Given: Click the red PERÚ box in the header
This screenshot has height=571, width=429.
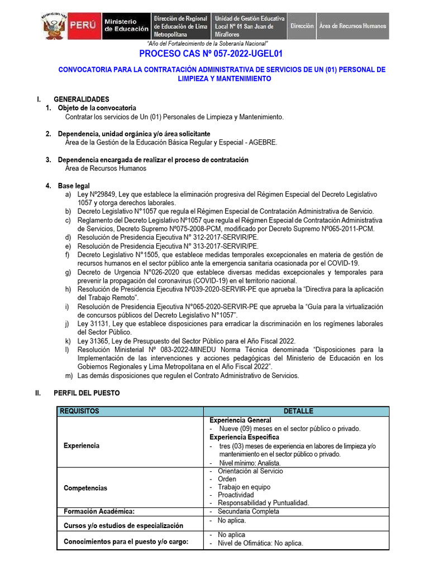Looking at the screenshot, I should pyautogui.click(x=84, y=26).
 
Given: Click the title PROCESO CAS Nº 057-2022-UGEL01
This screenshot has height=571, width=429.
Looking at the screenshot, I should pyautogui.click(x=211, y=54).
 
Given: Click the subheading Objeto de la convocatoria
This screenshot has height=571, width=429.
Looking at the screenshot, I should pyautogui.click(x=97, y=108).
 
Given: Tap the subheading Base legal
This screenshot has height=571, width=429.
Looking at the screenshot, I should pyautogui.click(x=74, y=186).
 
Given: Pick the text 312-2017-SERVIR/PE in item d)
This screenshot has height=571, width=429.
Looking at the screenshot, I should pyautogui.click(x=226, y=237).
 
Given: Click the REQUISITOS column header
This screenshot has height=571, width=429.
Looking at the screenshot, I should pyautogui.click(x=79, y=411).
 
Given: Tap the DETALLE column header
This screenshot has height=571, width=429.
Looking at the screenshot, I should pyautogui.click(x=298, y=411).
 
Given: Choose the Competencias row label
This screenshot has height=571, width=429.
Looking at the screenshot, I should pyautogui.click(x=85, y=488).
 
